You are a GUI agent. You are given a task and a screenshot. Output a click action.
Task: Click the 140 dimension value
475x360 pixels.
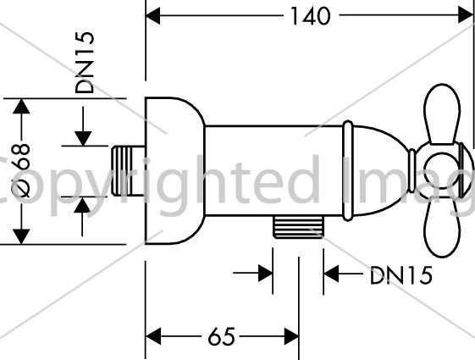(x=310, y=16)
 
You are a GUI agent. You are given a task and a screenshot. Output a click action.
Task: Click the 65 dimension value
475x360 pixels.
(x=222, y=336)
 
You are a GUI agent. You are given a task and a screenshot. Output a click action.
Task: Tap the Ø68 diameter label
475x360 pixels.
(x=20, y=170)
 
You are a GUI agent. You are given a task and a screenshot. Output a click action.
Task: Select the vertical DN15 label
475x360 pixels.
(x=85, y=63)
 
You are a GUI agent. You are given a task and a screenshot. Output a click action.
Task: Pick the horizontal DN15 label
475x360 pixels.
(x=400, y=275)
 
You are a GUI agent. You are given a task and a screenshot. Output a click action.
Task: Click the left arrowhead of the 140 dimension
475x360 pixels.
(x=152, y=16)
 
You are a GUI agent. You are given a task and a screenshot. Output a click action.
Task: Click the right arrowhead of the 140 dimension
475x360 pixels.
(x=466, y=15)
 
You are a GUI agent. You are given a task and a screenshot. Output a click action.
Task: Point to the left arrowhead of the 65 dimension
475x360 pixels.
(x=153, y=336)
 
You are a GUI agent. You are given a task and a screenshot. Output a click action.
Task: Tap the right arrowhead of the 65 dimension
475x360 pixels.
(x=291, y=336)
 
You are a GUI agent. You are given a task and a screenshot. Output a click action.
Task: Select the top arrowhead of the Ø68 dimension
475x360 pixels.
(x=21, y=107)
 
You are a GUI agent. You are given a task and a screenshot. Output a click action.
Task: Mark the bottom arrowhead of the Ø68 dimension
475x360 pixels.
(x=21, y=236)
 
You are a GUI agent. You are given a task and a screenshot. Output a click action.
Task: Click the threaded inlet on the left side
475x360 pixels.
(x=128, y=170)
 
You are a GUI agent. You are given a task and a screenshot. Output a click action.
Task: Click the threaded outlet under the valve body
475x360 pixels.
(x=298, y=227)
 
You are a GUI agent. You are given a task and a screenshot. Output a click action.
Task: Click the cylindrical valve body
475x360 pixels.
(x=274, y=170)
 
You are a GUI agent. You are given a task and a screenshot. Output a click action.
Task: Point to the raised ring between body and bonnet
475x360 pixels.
(x=348, y=170)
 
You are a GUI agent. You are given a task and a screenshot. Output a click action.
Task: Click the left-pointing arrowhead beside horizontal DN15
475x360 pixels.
(x=331, y=274)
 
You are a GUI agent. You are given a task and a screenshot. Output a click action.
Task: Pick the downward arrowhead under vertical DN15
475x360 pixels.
(x=83, y=138)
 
